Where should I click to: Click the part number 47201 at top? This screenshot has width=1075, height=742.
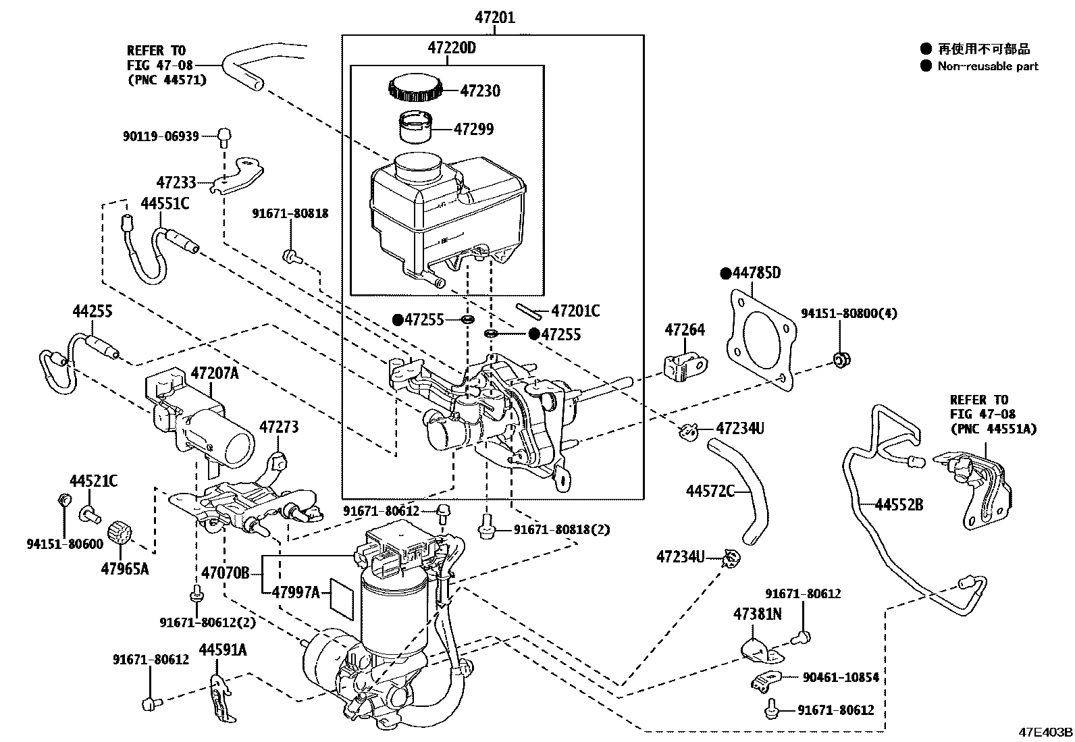coord(494,17)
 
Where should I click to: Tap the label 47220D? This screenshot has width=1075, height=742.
coord(451,48)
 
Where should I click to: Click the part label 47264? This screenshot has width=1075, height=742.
coord(684,329)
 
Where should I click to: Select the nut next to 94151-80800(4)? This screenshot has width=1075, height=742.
coord(841,359)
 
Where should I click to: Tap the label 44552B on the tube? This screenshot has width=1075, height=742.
coord(899,504)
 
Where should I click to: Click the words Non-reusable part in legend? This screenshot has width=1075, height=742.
coord(987,66)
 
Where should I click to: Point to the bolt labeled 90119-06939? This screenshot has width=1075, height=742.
coord(224,136)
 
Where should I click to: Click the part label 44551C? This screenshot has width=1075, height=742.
coord(165,203)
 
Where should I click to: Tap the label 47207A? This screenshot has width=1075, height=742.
coord(214,373)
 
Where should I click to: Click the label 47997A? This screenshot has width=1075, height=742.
coord(296,592)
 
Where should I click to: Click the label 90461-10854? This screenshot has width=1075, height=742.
coord(840,677)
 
